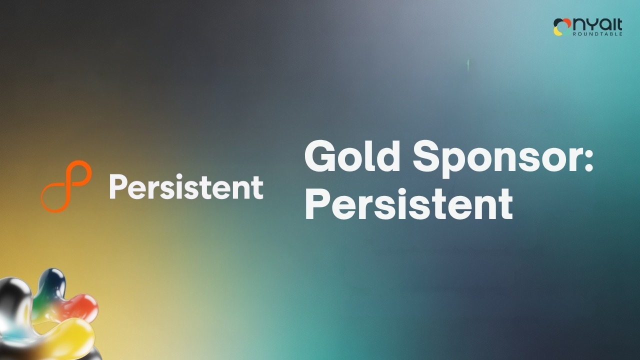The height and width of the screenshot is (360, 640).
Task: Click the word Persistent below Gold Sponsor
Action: coord(409,203)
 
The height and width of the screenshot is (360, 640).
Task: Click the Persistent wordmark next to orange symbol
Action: coord(186,186)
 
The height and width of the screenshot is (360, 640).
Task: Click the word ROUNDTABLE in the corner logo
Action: coord(597,34)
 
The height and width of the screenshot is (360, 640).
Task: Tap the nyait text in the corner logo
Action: coord(597,24)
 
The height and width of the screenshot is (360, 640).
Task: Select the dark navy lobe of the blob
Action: coord(52,281)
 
